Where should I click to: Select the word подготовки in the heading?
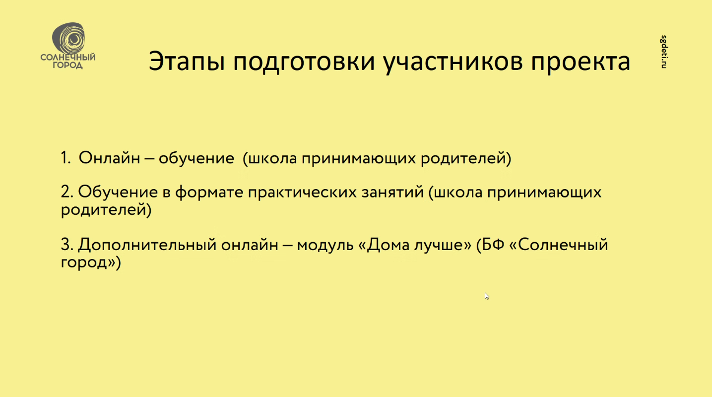[x=304, y=63]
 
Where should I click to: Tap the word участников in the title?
[x=453, y=63]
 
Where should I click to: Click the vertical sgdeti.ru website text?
[x=664, y=52]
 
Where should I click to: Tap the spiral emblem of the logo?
[x=68, y=38]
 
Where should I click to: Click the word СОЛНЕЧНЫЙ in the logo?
[x=68, y=57]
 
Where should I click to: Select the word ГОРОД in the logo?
[x=67, y=65]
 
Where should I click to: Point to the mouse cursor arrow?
[x=487, y=296]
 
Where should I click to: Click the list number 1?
[x=65, y=158]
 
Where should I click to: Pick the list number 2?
[x=67, y=192]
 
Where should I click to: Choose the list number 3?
[x=67, y=245]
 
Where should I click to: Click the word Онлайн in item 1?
[x=109, y=158]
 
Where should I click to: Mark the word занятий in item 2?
[x=392, y=192]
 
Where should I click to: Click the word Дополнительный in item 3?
[x=147, y=245]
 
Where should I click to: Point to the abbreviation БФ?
[x=493, y=245]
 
